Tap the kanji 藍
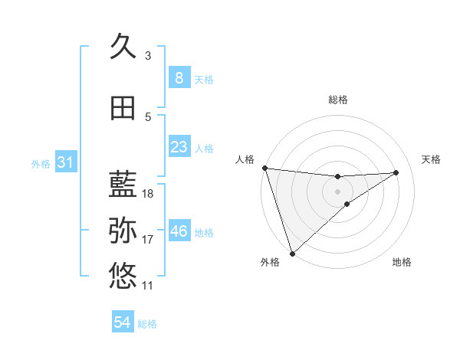click(123, 185)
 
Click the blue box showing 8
click(179, 77)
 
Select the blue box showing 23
click(179, 146)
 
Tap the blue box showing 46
click(179, 231)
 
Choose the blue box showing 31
click(65, 162)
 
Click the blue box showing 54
click(123, 322)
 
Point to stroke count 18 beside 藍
click(148, 194)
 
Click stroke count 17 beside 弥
click(148, 240)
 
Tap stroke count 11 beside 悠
click(148, 286)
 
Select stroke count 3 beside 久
click(148, 56)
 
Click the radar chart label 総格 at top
click(337, 100)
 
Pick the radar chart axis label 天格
click(432, 159)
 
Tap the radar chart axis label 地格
click(402, 262)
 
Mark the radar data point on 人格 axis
click(264, 168)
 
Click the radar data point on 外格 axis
click(292, 253)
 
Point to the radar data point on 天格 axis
click(396, 172)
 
